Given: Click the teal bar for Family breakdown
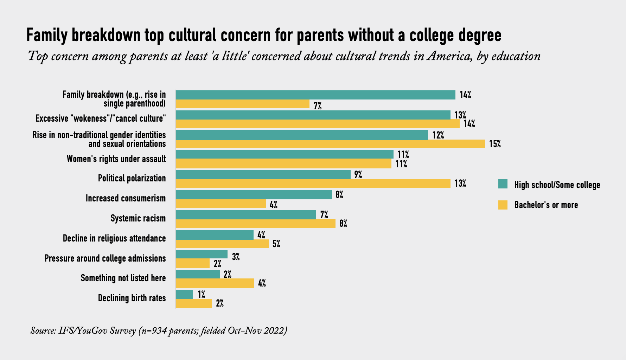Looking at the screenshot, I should (315, 95).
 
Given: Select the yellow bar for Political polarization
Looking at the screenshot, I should (313, 184).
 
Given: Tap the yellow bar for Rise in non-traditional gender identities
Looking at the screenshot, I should (330, 144).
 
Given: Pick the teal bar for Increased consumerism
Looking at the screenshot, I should (254, 195).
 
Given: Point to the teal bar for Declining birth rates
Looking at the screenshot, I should (184, 294).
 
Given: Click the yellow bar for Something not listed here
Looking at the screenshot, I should (215, 283).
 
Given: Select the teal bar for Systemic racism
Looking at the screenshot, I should (246, 215).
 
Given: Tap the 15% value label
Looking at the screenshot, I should (495, 144).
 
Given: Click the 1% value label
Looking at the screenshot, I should (201, 294).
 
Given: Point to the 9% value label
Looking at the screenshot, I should (358, 174).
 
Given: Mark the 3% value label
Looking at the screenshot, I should (236, 257).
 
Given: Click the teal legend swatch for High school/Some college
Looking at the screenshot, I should (503, 184).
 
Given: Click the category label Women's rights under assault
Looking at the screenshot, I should (116, 159).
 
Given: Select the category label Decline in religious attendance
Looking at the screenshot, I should (114, 238).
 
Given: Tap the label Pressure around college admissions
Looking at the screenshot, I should (105, 258).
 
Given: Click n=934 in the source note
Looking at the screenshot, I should (154, 331).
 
